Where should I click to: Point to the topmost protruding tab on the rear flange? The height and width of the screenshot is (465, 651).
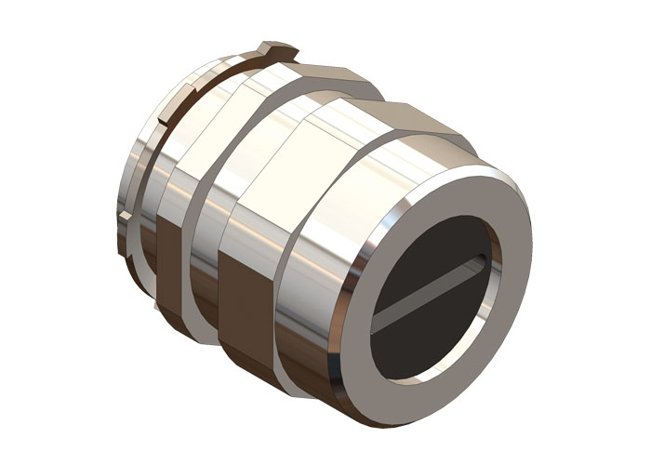(278, 47)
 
